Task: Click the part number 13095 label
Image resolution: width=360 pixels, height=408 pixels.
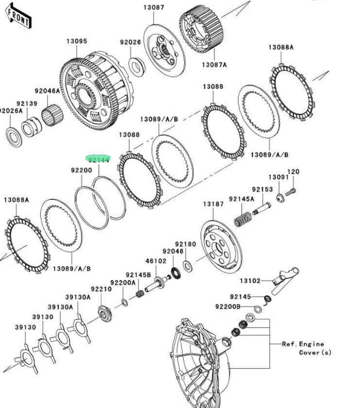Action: (x=77, y=41)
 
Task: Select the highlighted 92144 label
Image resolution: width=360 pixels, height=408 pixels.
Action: (x=98, y=159)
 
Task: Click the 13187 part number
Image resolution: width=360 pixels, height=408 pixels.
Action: (x=213, y=204)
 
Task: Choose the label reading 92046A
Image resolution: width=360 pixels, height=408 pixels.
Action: (x=47, y=91)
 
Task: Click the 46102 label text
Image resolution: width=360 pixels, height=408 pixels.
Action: (x=156, y=260)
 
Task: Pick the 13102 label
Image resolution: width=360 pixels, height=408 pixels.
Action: (x=250, y=280)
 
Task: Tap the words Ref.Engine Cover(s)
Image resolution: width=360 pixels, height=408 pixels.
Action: (x=307, y=348)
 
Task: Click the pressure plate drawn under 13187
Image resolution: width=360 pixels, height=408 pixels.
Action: (x=221, y=245)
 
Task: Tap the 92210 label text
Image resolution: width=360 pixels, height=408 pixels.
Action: (x=102, y=289)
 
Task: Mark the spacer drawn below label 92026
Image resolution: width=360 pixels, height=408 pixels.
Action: (x=137, y=67)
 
